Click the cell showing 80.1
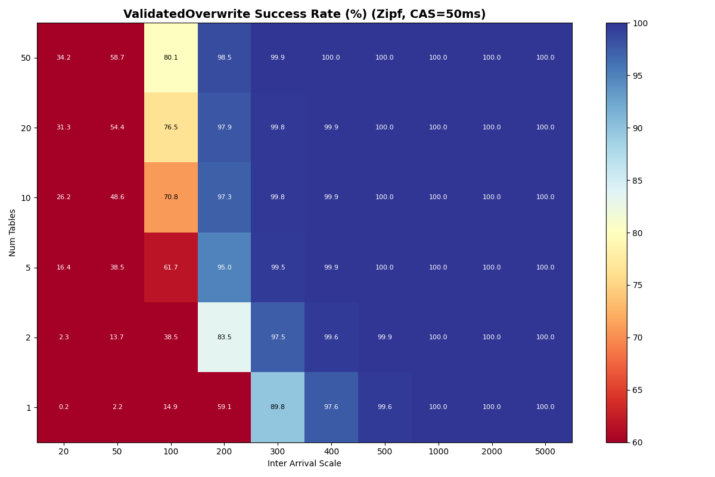170,58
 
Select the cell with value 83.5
224,337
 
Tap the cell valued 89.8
278,407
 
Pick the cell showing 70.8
170,197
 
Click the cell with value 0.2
64,407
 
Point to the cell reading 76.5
170,128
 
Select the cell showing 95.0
224,268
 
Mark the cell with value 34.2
64,58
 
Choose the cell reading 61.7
170,268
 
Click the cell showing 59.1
224,407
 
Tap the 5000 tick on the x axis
545,452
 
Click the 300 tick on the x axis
278,452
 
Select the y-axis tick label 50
26,58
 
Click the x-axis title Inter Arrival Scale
304,464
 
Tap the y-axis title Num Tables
13,233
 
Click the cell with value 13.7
117,337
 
